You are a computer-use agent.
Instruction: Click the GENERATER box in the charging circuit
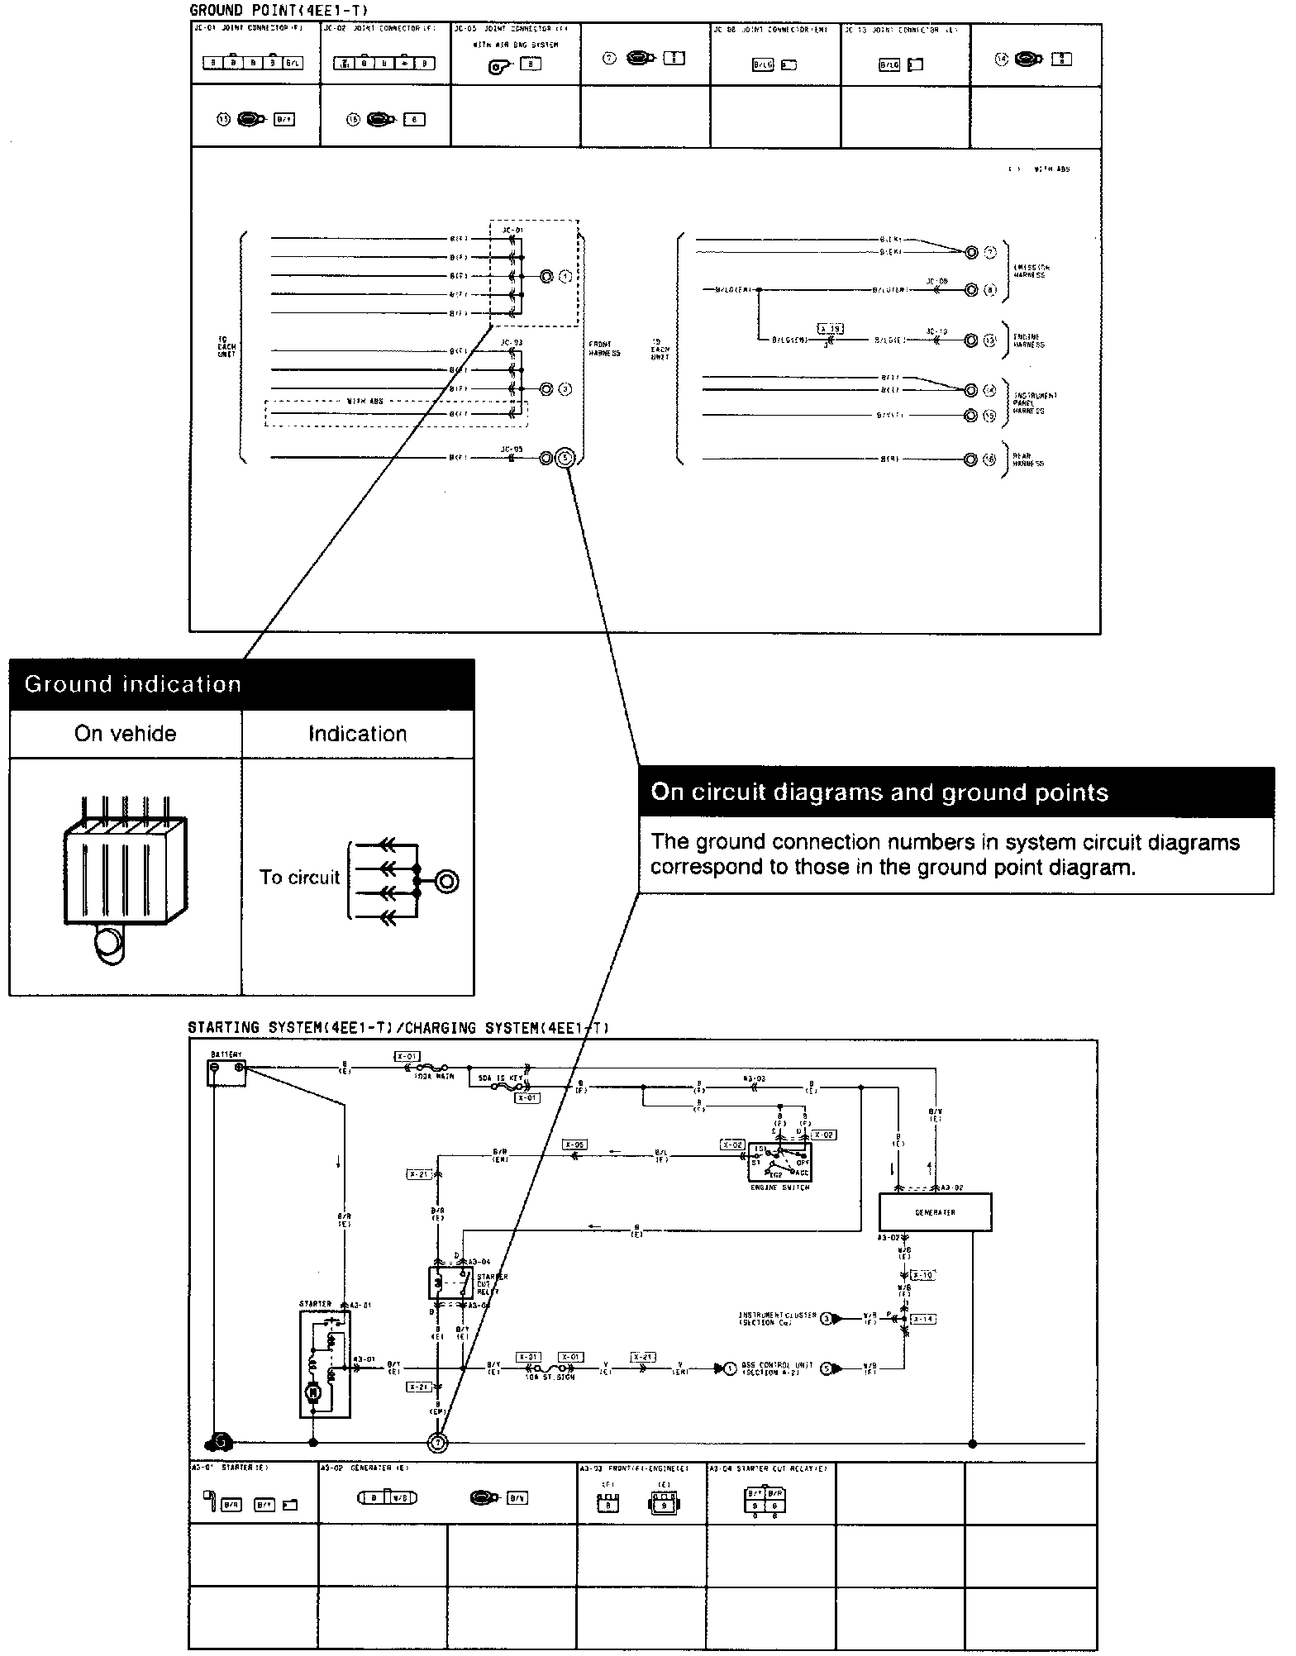point(935,1212)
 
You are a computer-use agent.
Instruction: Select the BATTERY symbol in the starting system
point(226,1072)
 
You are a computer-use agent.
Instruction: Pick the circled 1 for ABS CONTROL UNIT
point(730,1369)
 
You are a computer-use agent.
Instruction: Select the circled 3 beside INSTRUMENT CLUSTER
point(827,1319)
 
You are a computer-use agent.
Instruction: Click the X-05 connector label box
point(574,1145)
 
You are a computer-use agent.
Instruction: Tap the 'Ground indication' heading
point(132,684)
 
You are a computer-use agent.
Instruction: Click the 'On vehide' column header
point(125,734)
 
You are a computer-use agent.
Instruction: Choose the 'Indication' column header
point(357,734)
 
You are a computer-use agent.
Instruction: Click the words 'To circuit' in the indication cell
point(299,877)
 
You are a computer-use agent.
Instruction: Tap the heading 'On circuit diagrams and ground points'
point(879,792)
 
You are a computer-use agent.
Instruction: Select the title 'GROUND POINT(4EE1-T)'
point(279,10)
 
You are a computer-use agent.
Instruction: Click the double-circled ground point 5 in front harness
point(565,457)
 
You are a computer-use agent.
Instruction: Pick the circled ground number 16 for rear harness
point(989,459)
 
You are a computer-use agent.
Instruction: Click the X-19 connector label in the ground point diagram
point(830,329)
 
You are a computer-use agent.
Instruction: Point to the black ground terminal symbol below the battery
point(220,1443)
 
